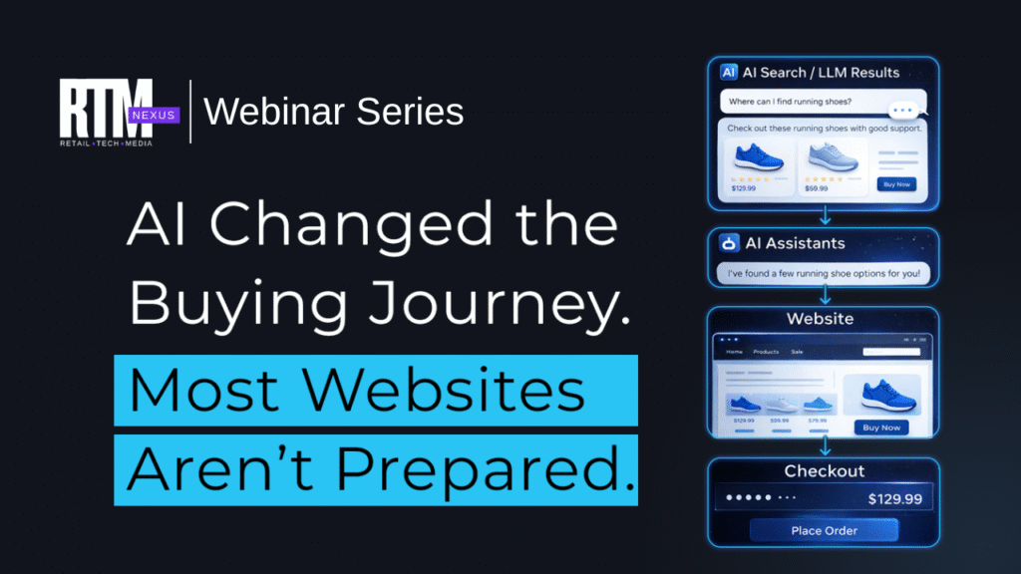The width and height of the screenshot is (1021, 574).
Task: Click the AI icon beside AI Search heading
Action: (729, 72)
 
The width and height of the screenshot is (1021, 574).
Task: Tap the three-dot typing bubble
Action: (904, 112)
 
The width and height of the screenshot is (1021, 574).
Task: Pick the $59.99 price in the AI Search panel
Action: (818, 186)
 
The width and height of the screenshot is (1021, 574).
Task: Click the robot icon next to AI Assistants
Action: (729, 243)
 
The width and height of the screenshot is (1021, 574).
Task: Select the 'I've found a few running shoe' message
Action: (824, 273)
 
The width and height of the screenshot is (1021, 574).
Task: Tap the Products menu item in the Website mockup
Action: (766, 352)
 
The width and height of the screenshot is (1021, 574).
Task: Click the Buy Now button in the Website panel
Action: (881, 427)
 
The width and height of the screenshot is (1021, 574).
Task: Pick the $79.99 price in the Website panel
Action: (817, 421)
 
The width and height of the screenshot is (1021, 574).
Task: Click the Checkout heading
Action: (824, 470)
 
